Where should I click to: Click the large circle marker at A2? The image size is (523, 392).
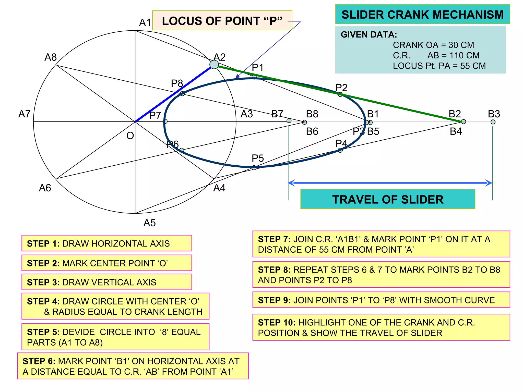[214, 65]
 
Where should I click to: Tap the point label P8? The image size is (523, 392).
[177, 83]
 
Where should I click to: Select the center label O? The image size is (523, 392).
[130, 136]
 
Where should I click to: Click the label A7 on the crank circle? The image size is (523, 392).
[25, 114]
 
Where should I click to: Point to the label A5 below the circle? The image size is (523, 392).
[149, 223]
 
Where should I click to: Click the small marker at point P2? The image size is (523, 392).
[340, 94]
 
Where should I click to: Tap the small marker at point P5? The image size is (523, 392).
[254, 168]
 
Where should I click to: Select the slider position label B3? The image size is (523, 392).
[494, 114]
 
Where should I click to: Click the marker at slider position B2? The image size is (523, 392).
[463, 122]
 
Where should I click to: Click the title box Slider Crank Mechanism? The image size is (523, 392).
[422, 14]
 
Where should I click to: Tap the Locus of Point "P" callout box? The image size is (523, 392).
[222, 21]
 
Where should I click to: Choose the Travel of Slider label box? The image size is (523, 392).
[388, 199]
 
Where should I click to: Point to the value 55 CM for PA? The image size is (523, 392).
[473, 66]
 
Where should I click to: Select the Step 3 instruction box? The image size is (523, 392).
[107, 282]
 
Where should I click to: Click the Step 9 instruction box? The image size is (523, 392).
[381, 300]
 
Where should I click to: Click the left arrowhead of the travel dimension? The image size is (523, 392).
[291, 183]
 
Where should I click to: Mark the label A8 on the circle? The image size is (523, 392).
[51, 57]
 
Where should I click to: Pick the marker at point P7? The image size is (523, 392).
[165, 121]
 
